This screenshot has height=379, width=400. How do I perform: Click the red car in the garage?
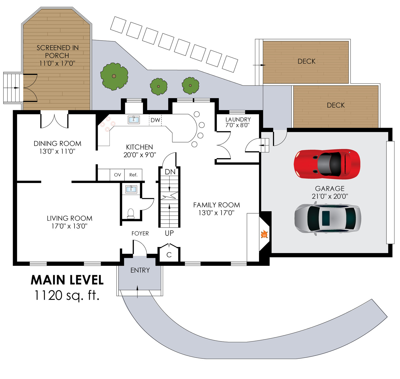tap(327, 164)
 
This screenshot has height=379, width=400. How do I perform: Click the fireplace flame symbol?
tap(264, 235)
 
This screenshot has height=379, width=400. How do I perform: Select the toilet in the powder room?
tap(131, 213)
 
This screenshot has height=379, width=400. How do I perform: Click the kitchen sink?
tap(134, 119)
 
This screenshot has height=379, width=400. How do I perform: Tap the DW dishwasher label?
tap(155, 120)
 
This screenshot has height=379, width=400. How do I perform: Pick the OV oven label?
tap(117, 175)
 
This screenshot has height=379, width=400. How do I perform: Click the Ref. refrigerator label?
tap(133, 175)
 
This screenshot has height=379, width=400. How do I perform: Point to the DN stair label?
tap(170, 172)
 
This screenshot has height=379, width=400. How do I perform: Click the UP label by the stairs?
tap(169, 233)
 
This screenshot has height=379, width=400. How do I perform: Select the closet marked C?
tap(169, 255)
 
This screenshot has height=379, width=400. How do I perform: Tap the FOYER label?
tap(140, 233)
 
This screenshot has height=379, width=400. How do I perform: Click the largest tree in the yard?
tap(114, 76)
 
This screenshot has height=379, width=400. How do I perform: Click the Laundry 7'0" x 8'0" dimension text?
tap(237, 125)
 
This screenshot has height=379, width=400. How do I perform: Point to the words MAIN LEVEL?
tap(67, 280)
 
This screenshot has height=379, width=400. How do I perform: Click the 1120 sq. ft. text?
tap(67, 295)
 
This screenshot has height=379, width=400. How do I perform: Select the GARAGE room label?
tap(329, 188)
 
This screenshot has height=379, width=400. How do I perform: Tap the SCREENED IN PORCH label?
tap(57, 51)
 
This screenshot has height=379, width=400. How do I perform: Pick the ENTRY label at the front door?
tap(140, 270)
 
